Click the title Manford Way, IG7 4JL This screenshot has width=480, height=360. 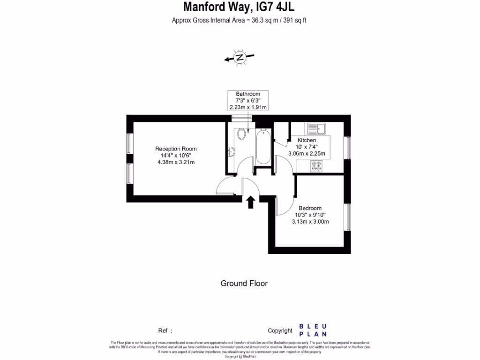pos(239,7)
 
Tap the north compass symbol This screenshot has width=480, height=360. pos(240,58)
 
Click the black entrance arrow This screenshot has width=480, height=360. pos(251,202)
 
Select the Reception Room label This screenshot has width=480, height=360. pos(176,149)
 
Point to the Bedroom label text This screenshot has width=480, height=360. pos(310,208)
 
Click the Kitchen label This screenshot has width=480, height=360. pos(307,140)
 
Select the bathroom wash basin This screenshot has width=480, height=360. pos(230,151)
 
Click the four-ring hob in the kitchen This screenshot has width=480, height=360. pos(316,165)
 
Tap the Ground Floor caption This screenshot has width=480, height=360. pos(244,283)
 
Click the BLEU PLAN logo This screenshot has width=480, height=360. pos(313,330)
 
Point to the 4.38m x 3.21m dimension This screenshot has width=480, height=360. pos(176,162)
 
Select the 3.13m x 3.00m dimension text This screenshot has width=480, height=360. pos(310,222)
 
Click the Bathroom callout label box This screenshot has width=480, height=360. pos(248,100)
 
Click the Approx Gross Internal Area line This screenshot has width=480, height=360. pos(239,20)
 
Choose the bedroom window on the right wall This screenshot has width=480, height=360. pos(348,218)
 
